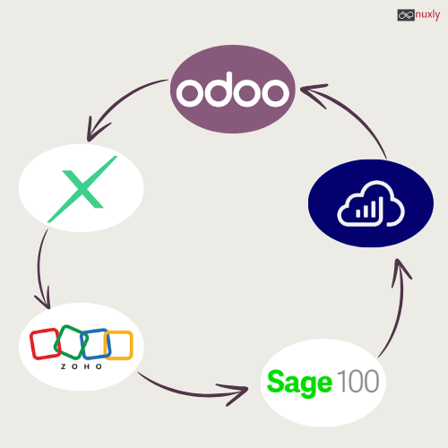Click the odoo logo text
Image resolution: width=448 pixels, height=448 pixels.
(233, 90)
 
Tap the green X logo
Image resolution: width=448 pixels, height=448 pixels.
(82, 189)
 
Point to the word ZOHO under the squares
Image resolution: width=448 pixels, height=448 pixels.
(82, 366)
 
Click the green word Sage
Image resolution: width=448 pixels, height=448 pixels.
(299, 383)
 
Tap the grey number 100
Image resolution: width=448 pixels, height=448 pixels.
(358, 381)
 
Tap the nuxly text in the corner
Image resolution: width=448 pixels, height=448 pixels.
(427, 14)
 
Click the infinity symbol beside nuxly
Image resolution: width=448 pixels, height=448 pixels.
(406, 15)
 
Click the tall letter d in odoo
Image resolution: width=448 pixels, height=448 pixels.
(219, 90)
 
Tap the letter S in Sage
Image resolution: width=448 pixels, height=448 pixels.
(275, 381)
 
